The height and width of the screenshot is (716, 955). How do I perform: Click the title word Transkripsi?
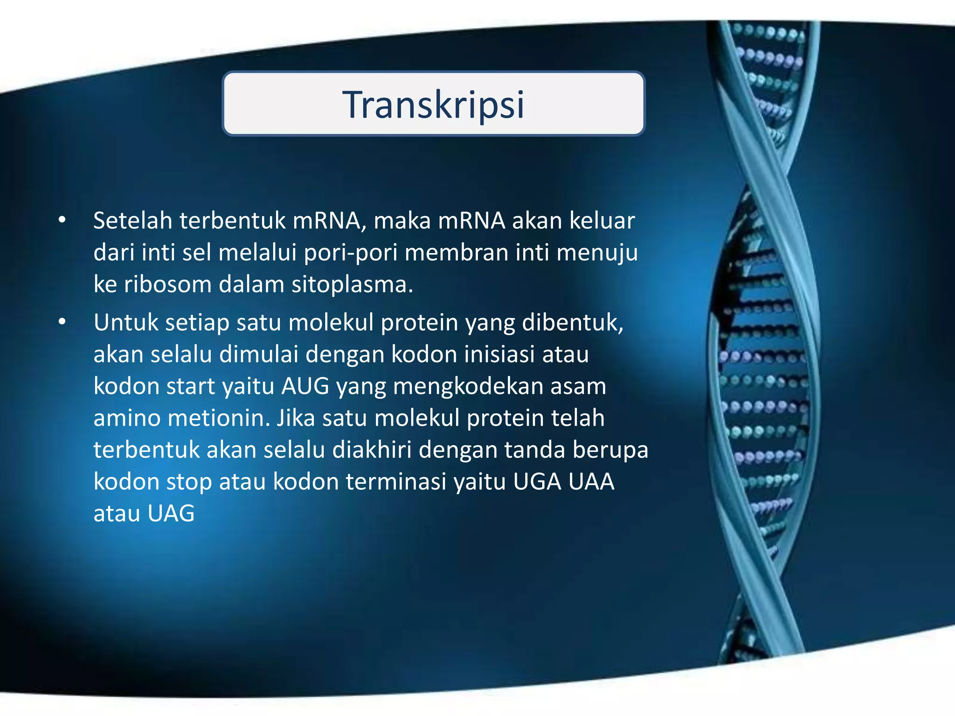tap(433, 104)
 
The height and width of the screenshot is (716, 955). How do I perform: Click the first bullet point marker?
tap(62, 220)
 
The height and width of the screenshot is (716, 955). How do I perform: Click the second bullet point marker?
tap(62, 322)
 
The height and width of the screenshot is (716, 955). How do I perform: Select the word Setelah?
tap(132, 220)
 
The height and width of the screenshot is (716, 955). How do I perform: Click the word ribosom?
tap(168, 284)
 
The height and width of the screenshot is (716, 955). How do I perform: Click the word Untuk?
tap(125, 322)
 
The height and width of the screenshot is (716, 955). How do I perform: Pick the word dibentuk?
tap(572, 322)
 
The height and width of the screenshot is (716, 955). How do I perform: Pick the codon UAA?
tap(591, 482)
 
